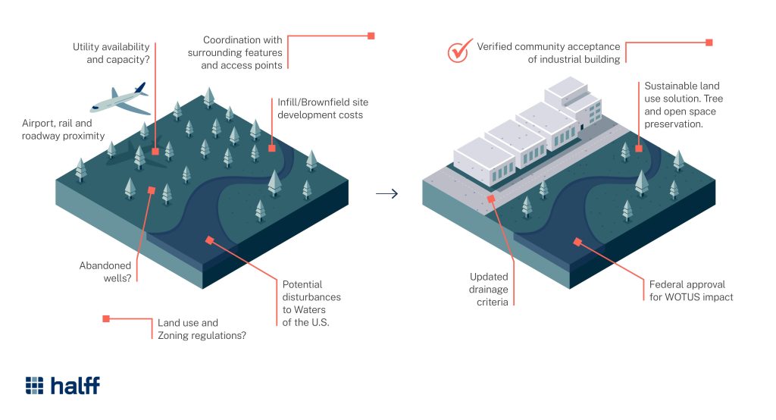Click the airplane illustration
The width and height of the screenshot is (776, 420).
point(119,99)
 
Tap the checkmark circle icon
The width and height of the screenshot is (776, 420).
point(459,51)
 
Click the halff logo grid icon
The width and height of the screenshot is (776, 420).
point(35,385)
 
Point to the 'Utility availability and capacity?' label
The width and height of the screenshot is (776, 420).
point(111,52)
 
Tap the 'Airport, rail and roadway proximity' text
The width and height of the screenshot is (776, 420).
point(63,130)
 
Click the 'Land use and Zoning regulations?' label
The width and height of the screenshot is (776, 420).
point(202,329)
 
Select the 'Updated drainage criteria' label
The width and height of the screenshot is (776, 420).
point(489,289)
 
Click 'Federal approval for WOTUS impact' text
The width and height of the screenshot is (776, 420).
point(691,290)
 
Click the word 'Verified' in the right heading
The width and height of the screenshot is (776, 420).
point(497,46)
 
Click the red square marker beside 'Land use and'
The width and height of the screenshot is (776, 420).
point(106,319)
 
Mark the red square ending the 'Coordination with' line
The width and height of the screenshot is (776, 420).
point(371,36)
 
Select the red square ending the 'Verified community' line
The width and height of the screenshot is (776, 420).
point(709,42)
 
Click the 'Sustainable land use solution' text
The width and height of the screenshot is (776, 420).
point(682,105)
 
